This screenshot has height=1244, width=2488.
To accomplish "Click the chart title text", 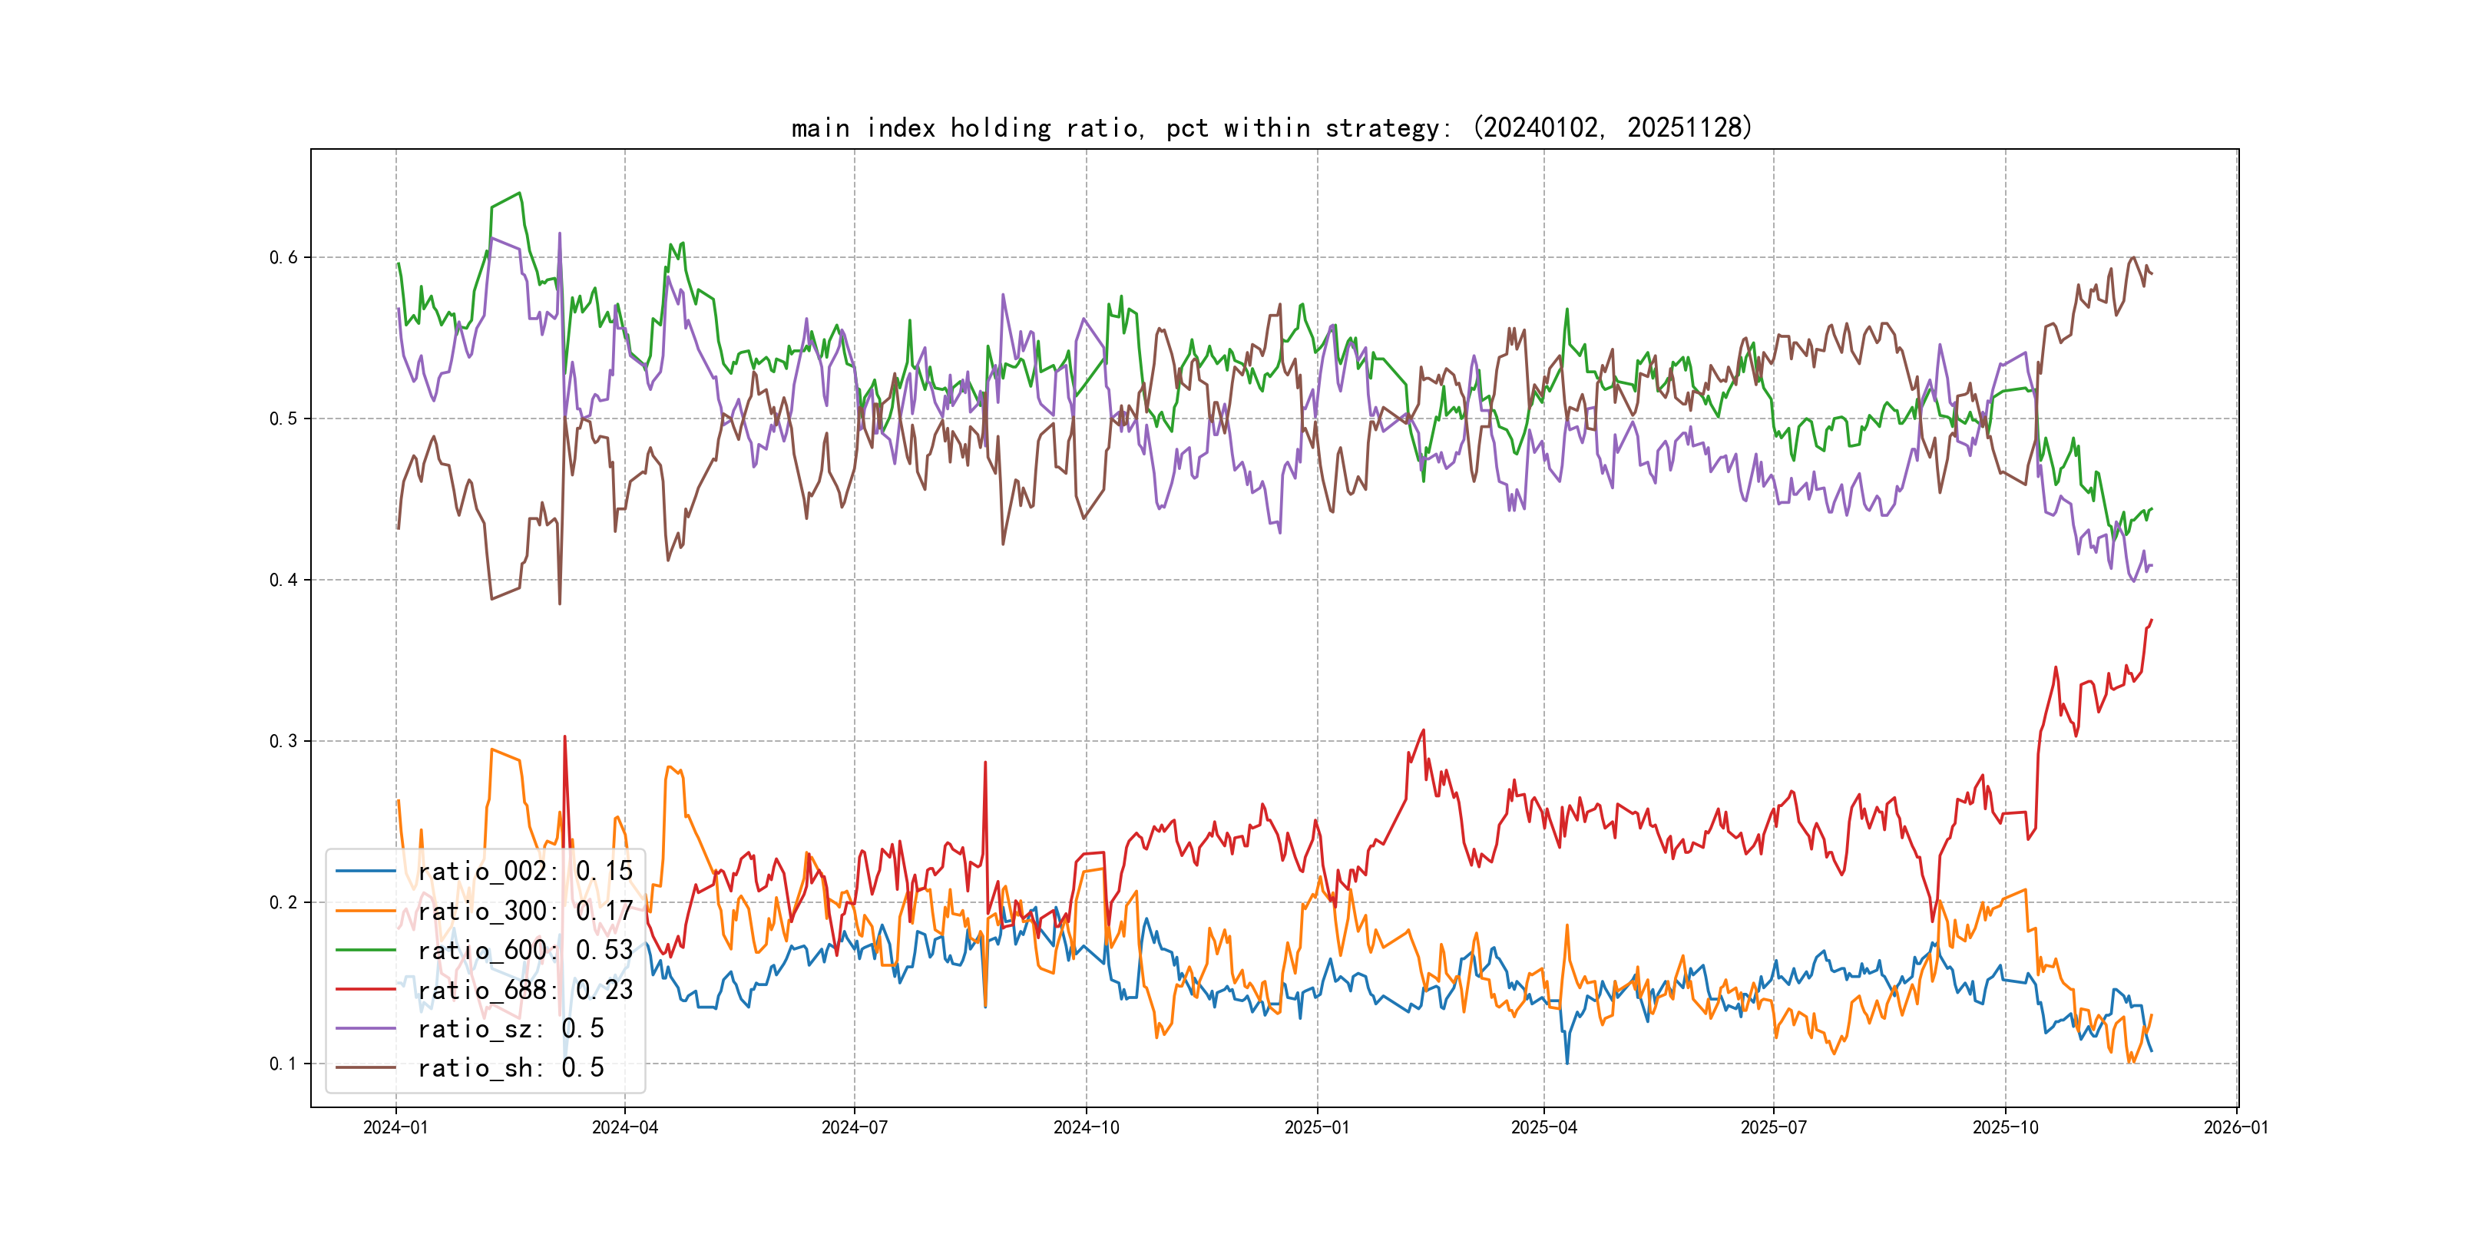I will (1271, 128).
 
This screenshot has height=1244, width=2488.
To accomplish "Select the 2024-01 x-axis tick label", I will (395, 1127).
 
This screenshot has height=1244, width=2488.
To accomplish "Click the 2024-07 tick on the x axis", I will (854, 1127).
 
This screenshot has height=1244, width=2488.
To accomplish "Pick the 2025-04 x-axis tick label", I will (1543, 1127).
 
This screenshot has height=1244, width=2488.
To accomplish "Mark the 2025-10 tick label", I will (2005, 1127).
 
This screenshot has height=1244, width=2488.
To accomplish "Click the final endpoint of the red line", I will (2152, 620).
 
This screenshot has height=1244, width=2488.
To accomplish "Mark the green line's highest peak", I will (521, 194).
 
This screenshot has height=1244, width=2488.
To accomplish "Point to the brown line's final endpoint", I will (2152, 274).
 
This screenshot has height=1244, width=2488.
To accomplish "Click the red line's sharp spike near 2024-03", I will (565, 737).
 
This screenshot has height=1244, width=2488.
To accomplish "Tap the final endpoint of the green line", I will (2152, 509).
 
